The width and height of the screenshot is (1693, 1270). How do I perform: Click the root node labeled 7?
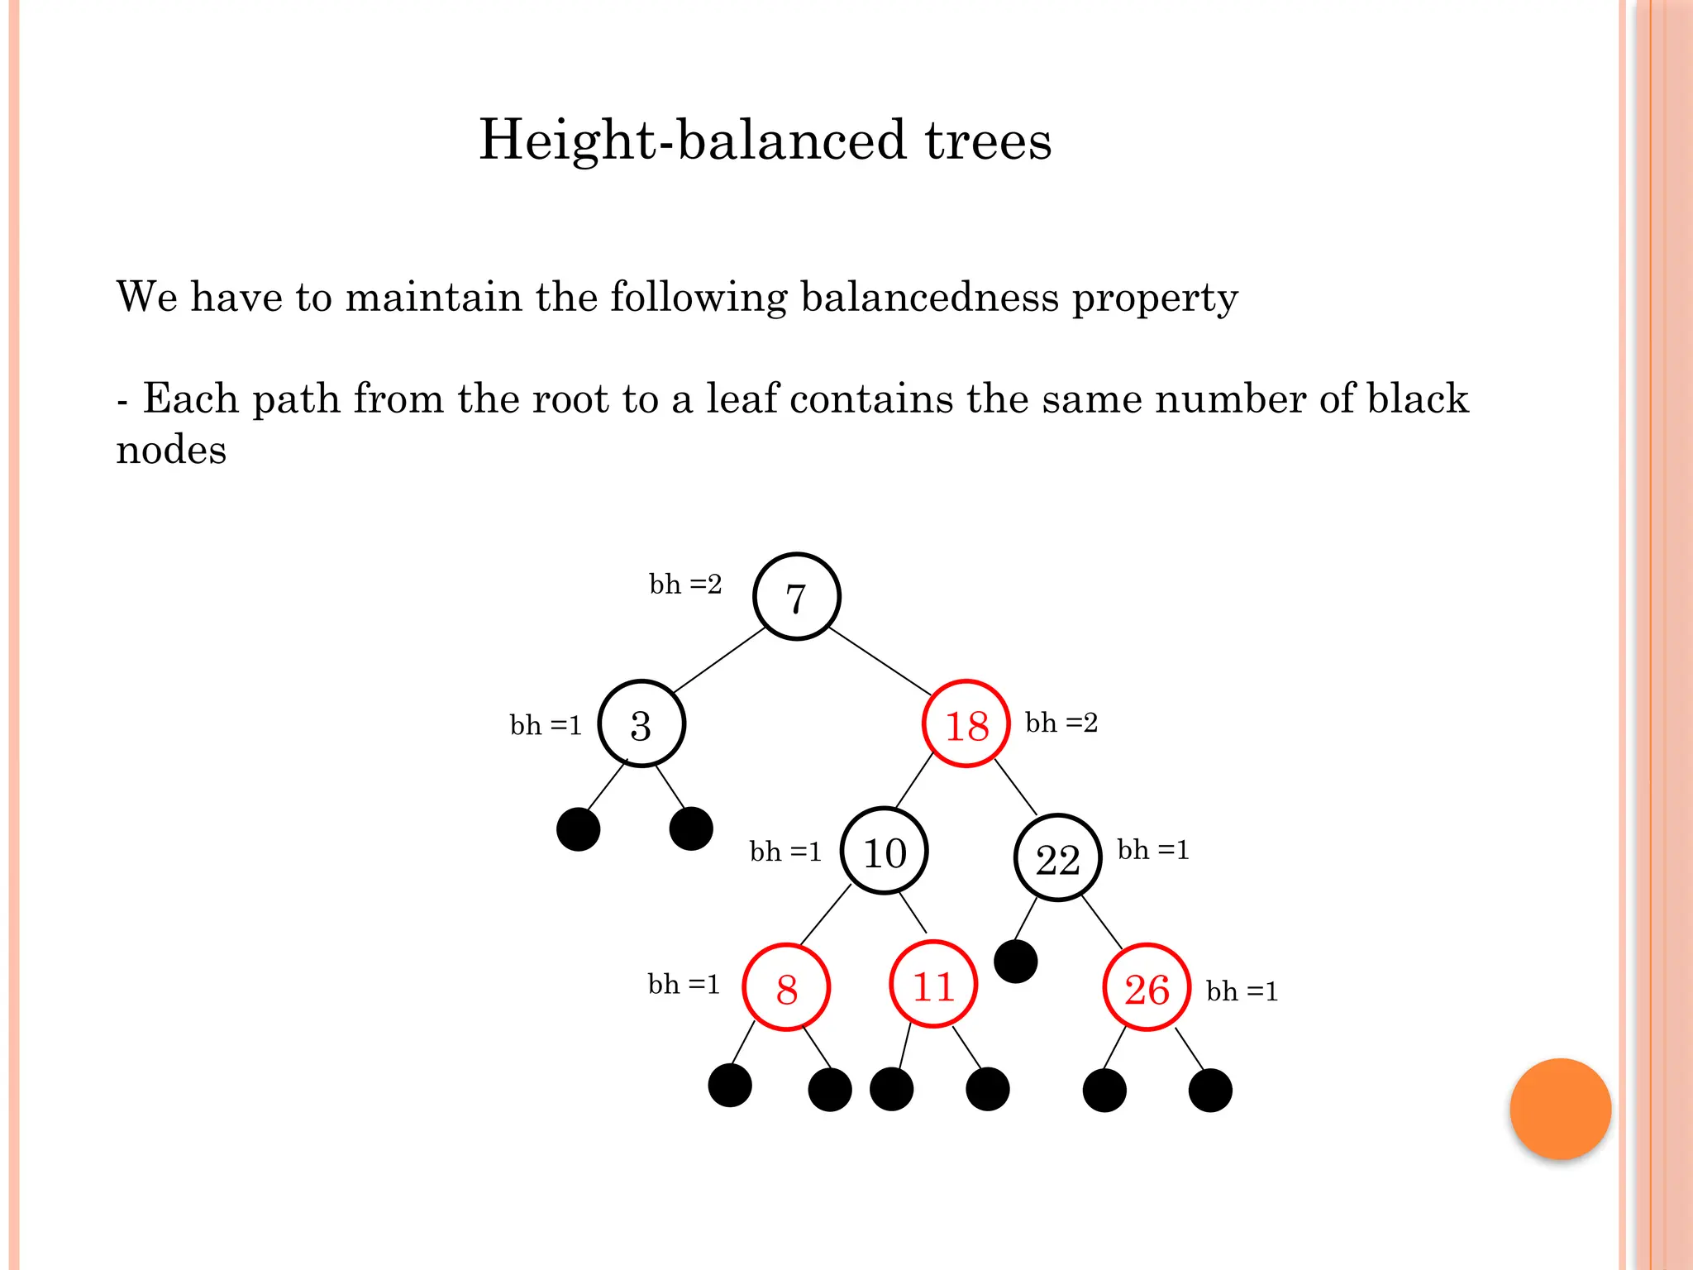click(x=797, y=596)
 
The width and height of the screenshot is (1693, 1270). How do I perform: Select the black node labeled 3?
click(x=641, y=724)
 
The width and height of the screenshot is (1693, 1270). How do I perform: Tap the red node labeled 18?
click(x=966, y=724)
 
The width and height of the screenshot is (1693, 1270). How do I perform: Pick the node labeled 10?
click(x=885, y=852)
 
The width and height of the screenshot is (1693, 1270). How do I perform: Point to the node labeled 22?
click(x=1058, y=858)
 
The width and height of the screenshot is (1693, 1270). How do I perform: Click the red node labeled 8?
click(x=786, y=987)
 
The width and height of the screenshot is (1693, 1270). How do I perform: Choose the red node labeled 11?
click(x=933, y=985)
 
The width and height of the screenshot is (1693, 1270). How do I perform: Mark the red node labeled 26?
click(x=1147, y=987)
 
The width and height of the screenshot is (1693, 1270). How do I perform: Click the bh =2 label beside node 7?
click(x=685, y=585)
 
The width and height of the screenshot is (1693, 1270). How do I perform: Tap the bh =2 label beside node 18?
click(x=1061, y=723)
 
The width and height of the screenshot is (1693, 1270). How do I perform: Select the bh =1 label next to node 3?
click(x=546, y=725)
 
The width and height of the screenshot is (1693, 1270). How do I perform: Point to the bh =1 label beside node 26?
click(x=1242, y=991)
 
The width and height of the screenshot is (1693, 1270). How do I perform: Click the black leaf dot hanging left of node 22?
click(x=1016, y=961)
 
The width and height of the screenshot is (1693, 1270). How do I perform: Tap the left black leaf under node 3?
click(x=578, y=829)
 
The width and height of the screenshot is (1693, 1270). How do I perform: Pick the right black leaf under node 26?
click(x=1210, y=1091)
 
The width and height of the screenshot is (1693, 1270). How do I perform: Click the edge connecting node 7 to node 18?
click(x=880, y=661)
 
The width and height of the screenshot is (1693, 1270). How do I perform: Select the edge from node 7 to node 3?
click(x=719, y=660)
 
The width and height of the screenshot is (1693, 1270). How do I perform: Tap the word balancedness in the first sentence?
click(x=929, y=297)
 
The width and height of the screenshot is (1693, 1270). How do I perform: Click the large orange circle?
click(x=1560, y=1109)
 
